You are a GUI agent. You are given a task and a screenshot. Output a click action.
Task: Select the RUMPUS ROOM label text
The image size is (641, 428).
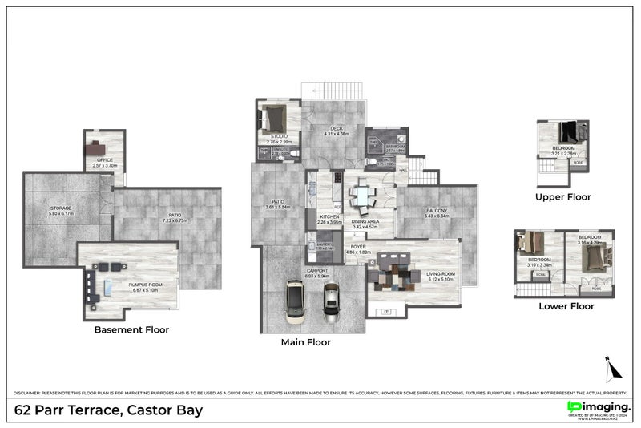click(x=146, y=287)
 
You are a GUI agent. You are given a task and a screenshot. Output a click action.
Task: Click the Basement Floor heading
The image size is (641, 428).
click(x=131, y=329)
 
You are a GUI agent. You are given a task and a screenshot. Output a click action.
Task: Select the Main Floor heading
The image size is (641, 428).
click(x=305, y=342)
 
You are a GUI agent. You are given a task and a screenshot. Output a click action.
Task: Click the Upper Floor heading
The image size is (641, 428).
click(x=562, y=196)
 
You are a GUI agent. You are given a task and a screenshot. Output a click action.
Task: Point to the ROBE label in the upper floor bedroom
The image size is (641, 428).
click(x=578, y=163)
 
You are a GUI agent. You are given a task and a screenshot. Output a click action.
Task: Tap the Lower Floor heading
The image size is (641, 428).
click(x=565, y=305)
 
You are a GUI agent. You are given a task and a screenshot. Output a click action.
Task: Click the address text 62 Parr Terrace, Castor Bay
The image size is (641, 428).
click(x=108, y=410)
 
